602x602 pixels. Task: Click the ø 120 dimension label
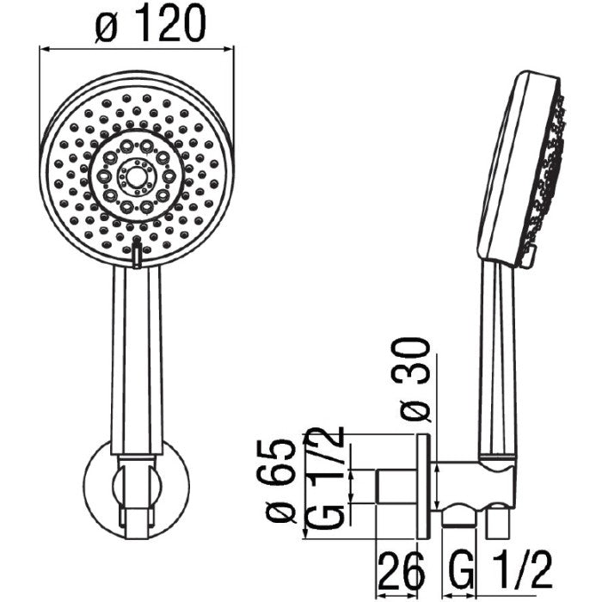point(150,23)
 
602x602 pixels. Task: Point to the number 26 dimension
point(402,572)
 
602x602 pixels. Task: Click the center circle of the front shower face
point(136,176)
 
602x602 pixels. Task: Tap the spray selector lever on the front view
point(136,253)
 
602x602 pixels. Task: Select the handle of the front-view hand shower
point(136,361)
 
